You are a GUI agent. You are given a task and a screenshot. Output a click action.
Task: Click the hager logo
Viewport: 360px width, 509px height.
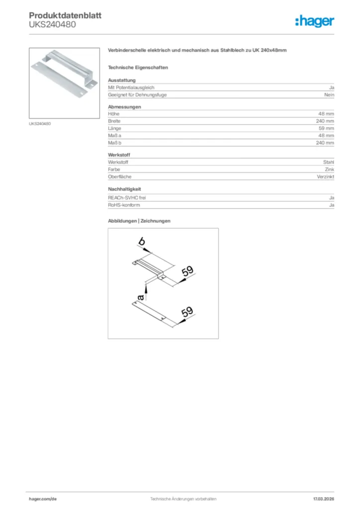click(315, 20)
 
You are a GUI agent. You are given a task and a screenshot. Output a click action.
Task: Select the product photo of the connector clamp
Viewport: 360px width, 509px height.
click(64, 83)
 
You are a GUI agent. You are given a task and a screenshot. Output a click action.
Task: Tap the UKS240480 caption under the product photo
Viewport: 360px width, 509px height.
click(40, 124)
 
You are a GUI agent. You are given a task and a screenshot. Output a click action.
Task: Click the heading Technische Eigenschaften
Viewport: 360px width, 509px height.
click(138, 67)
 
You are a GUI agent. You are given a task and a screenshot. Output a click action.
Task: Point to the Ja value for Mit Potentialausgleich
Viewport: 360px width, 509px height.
click(332, 87)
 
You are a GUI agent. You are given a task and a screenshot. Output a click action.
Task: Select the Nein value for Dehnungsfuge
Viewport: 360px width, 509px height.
click(329, 94)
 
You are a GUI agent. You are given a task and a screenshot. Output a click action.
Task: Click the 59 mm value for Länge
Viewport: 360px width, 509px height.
click(326, 128)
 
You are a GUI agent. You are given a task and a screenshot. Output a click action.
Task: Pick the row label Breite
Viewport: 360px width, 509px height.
click(114, 121)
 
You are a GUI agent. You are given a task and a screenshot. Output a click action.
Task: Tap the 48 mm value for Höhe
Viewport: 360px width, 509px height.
click(326, 114)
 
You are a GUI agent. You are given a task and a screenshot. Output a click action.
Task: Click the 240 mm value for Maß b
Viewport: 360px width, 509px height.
click(325, 143)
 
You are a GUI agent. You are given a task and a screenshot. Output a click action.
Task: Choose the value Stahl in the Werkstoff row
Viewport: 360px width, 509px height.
click(329, 163)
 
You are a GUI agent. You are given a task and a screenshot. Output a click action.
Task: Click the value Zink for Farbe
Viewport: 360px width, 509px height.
click(330, 170)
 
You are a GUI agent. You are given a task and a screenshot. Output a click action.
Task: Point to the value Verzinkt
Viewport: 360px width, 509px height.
click(326, 177)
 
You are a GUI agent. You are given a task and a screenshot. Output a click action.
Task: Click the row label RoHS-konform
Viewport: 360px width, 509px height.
click(124, 205)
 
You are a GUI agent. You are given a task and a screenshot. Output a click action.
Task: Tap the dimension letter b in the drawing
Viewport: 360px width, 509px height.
click(142, 242)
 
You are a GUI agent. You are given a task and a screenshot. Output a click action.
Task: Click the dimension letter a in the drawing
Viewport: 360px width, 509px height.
click(141, 297)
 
